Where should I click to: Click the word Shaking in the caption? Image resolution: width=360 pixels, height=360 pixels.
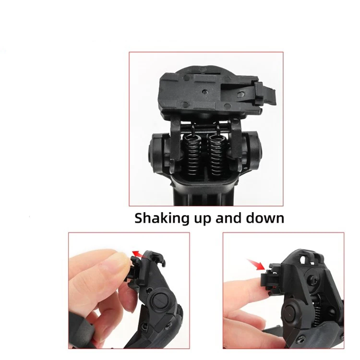click(x=162, y=218)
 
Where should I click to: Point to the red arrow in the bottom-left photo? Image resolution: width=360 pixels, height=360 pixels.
click(x=139, y=252)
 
